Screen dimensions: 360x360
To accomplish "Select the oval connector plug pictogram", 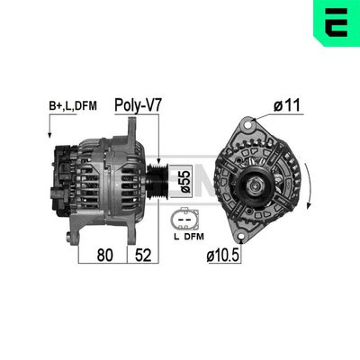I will click(x=184, y=221).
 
